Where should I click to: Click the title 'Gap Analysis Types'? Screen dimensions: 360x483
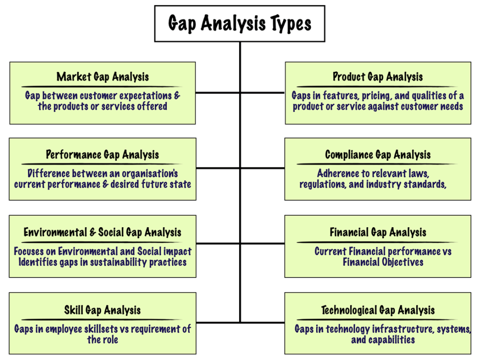click(240, 23)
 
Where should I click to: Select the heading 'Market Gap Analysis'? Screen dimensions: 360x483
click(102, 77)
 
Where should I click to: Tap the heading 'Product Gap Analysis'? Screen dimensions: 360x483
click(377, 77)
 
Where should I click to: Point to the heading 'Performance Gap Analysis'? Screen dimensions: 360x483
click(102, 155)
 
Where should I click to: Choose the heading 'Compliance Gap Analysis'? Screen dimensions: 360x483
click(377, 155)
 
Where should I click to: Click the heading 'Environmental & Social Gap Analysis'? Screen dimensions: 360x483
click(102, 232)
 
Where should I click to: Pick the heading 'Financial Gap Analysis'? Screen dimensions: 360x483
click(377, 232)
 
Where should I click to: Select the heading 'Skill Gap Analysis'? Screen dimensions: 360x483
click(102, 310)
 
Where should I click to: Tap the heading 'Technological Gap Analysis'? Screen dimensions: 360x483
click(377, 310)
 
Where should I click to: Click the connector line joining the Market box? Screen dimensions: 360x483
click(217, 93)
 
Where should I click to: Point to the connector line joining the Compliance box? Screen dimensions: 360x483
click(262, 168)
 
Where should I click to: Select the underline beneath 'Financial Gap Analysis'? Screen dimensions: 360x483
click(377, 242)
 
